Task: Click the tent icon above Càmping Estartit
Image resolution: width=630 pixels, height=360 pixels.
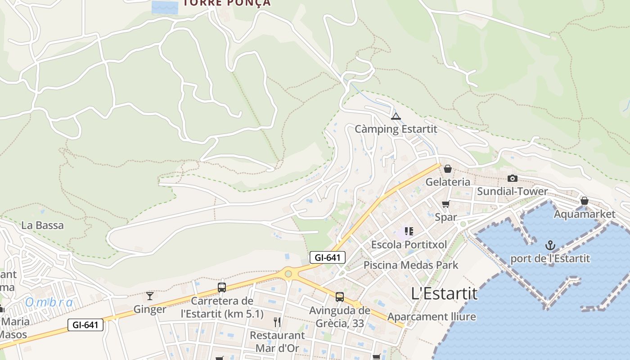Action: (x=396, y=117)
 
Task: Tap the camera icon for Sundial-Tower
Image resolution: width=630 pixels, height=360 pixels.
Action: (x=512, y=178)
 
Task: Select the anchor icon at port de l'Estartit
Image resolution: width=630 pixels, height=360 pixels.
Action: (x=550, y=245)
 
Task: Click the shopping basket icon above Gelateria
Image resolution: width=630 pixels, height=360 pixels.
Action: (x=448, y=169)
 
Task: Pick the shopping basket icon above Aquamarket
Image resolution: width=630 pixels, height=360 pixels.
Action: (x=584, y=201)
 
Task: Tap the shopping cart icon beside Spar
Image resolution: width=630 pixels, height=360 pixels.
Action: (x=445, y=204)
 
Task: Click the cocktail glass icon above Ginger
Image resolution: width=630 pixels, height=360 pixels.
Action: (x=150, y=296)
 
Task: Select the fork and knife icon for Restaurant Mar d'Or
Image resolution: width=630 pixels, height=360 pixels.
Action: (x=277, y=322)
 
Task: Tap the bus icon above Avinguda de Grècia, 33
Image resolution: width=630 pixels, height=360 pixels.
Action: (x=340, y=297)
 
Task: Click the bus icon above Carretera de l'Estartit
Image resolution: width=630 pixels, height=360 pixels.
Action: (x=222, y=287)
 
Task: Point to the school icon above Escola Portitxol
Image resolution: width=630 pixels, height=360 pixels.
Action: (x=409, y=231)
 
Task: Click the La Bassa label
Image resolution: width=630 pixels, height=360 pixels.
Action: (x=43, y=225)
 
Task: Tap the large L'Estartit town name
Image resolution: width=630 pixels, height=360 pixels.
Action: (x=444, y=293)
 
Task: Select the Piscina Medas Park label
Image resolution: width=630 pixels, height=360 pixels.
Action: (x=410, y=265)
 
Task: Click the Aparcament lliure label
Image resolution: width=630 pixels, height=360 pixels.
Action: (x=431, y=317)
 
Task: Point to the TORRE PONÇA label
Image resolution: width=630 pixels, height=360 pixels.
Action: (x=227, y=3)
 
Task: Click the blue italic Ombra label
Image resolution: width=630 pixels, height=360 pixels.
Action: (x=49, y=302)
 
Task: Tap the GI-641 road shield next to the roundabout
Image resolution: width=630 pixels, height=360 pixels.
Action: (x=328, y=257)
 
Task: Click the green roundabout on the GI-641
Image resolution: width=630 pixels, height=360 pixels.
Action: (x=288, y=274)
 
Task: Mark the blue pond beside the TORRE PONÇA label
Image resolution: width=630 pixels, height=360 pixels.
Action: (x=165, y=7)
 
